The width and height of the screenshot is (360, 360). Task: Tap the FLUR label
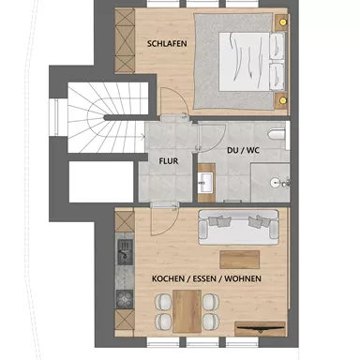click(169, 160)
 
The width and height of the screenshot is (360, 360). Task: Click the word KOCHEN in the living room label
click(172, 278)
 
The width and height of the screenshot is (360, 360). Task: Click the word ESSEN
click(207, 278)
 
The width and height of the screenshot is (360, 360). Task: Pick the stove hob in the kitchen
click(122, 300)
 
